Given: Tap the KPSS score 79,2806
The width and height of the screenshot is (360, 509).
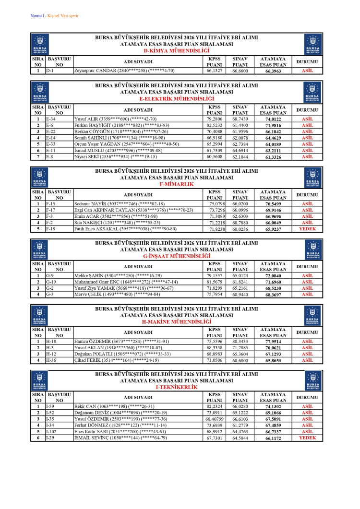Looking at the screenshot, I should click(215, 119).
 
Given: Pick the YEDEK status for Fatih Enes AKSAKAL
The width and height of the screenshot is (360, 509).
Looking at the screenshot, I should click(307, 229).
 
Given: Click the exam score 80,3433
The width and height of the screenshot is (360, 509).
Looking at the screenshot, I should click(240, 342).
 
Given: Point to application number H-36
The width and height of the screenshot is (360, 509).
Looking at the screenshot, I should click(51, 360).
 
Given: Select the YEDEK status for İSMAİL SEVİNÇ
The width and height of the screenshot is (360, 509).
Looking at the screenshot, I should click(307, 438).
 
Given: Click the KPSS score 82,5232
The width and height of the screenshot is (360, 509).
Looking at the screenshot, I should click(215, 125).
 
